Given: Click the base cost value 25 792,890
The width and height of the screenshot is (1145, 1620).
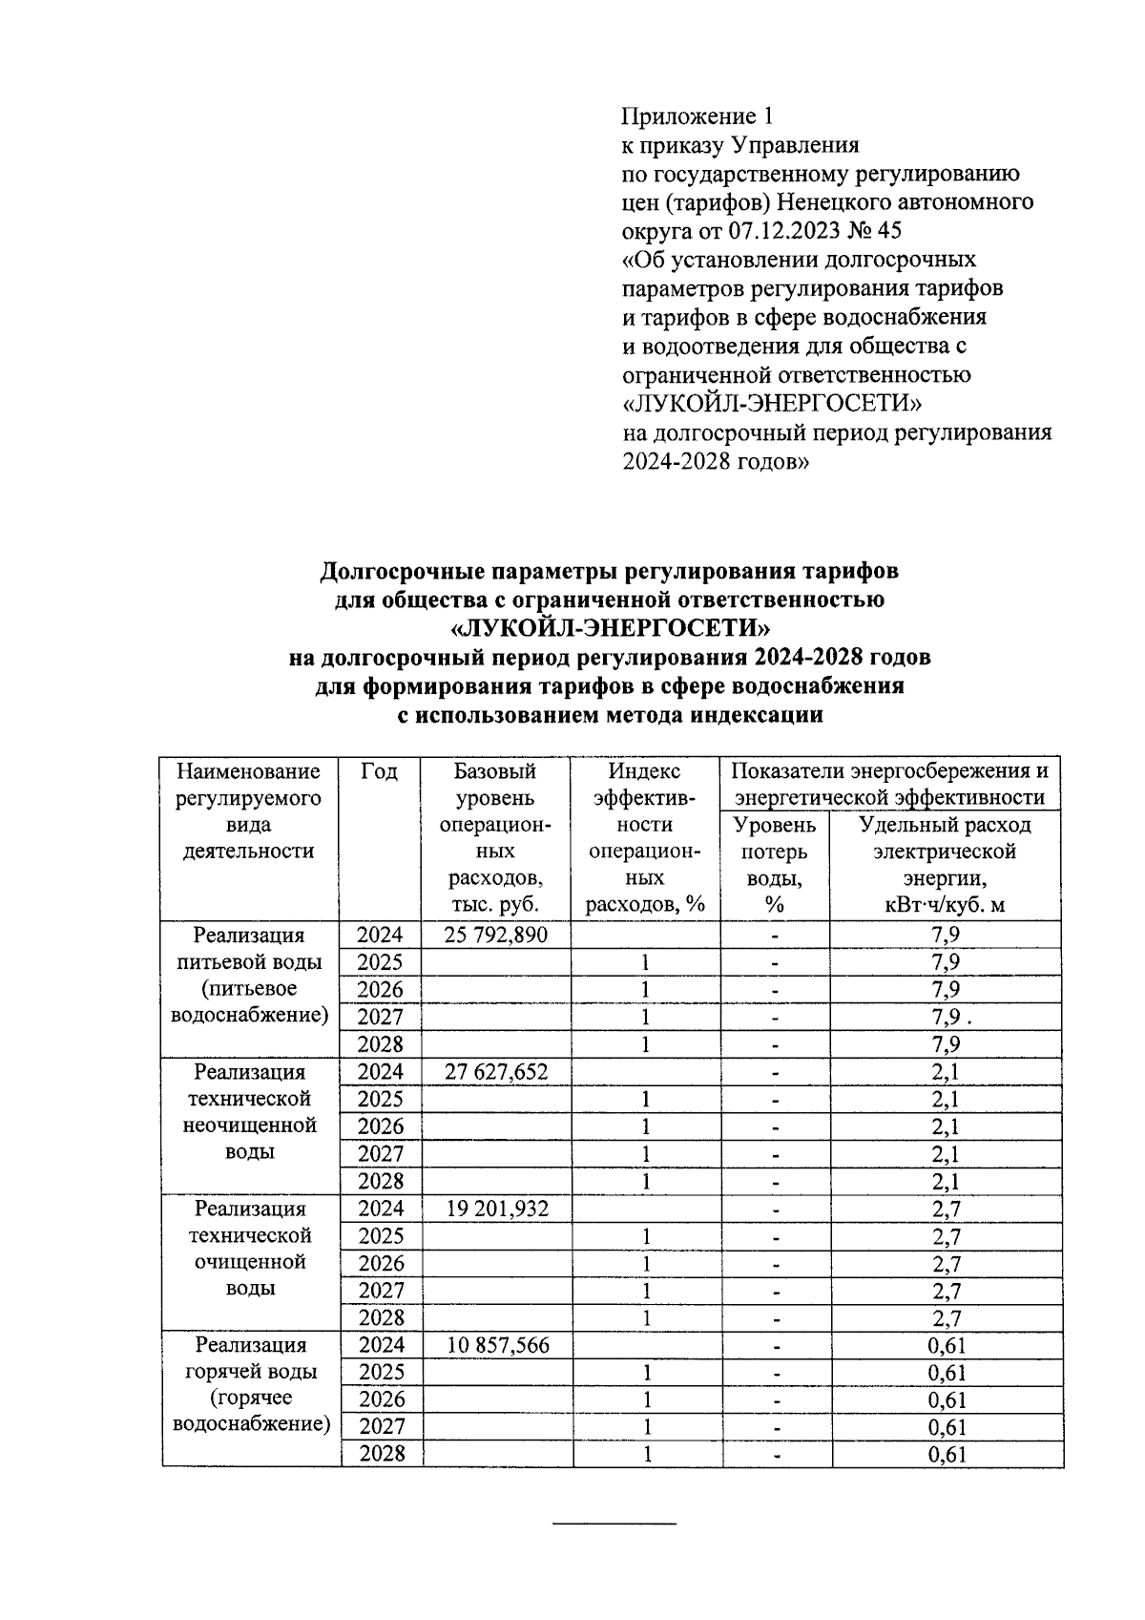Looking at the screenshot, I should click(496, 935).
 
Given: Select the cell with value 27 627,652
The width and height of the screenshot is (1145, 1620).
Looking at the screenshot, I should click(496, 1072).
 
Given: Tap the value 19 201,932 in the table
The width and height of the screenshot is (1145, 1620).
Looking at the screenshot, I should click(496, 1209).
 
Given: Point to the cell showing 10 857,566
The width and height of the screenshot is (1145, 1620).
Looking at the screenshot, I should click(496, 1345).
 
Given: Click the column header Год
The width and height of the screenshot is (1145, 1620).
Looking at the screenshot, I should click(380, 771).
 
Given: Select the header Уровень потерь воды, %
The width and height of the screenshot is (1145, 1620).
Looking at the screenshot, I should click(774, 865).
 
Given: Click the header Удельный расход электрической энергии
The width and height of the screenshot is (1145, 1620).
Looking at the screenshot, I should click(945, 865).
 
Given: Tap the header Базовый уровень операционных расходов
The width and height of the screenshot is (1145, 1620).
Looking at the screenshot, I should click(496, 838).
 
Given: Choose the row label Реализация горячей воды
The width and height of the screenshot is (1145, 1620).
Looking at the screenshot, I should click(251, 1384).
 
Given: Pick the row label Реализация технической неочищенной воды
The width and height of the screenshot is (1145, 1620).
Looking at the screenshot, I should click(250, 1112).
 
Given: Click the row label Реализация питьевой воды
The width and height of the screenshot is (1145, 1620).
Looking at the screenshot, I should click(250, 975).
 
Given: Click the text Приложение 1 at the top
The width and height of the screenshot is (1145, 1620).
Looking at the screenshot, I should click(696, 116).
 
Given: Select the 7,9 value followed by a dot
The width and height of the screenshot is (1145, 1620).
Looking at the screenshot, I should click(948, 1017).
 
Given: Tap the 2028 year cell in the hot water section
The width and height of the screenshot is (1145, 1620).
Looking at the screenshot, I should click(381, 1454).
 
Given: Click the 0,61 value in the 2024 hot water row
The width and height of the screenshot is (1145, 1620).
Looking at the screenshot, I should click(947, 1346).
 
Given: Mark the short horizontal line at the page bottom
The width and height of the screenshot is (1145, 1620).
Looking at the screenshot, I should click(614, 1522).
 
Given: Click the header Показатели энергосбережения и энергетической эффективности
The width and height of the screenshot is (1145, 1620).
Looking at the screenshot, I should click(890, 784).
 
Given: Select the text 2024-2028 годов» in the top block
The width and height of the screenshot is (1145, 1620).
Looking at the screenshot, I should click(717, 462).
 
